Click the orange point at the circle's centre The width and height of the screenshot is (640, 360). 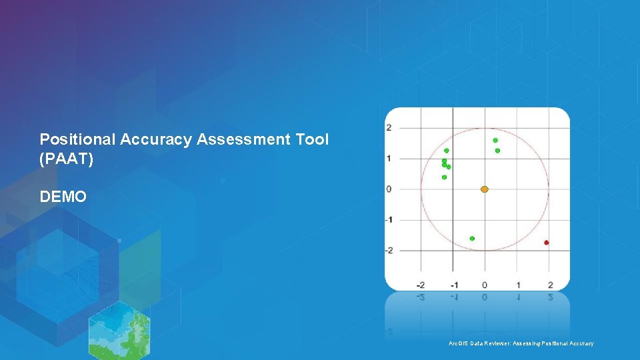click(485, 189)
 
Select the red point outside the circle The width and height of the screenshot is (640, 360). click(547, 243)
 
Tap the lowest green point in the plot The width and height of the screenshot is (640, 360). click(472, 239)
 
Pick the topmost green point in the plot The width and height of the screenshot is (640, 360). click(495, 140)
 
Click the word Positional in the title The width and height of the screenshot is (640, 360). click(77, 139)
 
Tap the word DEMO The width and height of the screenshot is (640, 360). click(63, 197)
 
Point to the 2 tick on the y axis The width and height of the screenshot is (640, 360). click(389, 128)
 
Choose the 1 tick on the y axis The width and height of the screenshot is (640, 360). click(389, 159)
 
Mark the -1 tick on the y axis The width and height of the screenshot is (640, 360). click(388, 220)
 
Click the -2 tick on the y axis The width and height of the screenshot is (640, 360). click(388, 251)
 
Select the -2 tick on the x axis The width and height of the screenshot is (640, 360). click(420, 285)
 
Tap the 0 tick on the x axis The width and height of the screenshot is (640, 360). click(485, 285)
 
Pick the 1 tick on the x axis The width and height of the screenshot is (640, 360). click(518, 285)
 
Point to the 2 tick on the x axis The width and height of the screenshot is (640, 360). click(551, 285)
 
